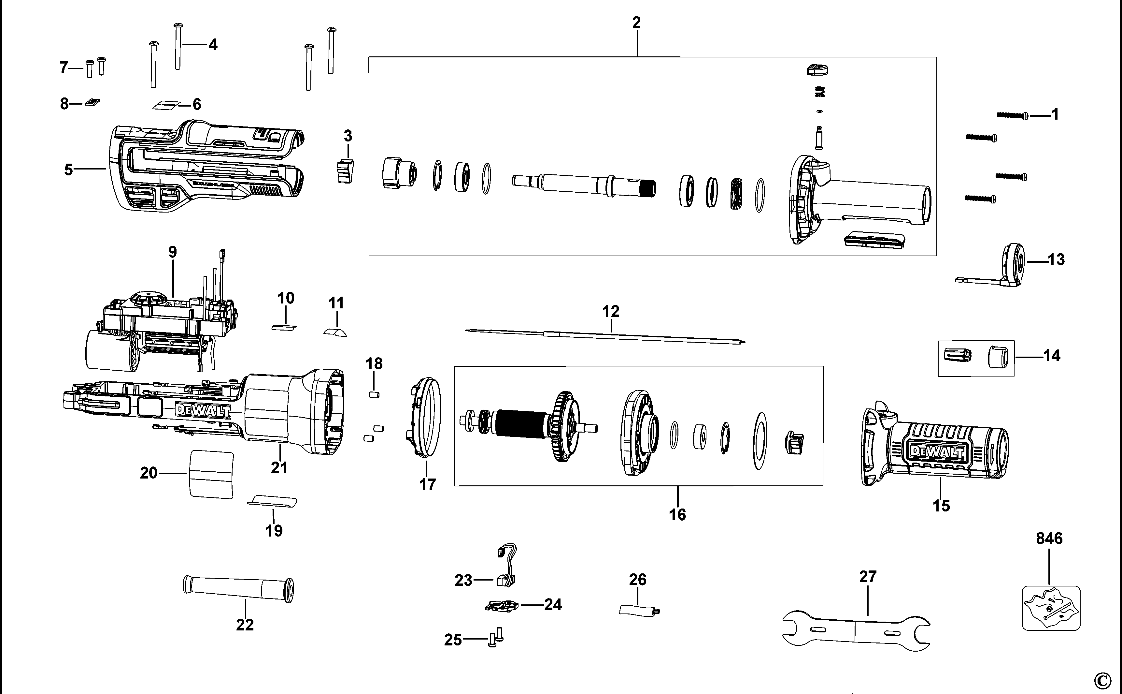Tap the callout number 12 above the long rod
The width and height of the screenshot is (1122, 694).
click(610, 311)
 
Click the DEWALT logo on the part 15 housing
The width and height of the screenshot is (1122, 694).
click(937, 452)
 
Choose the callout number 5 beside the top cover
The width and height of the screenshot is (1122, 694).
click(68, 170)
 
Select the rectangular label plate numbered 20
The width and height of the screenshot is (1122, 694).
click(211, 474)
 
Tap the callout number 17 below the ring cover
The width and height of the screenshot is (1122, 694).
click(427, 484)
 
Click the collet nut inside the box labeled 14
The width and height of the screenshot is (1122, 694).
click(995, 357)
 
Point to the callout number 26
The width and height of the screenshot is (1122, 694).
click(637, 580)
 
